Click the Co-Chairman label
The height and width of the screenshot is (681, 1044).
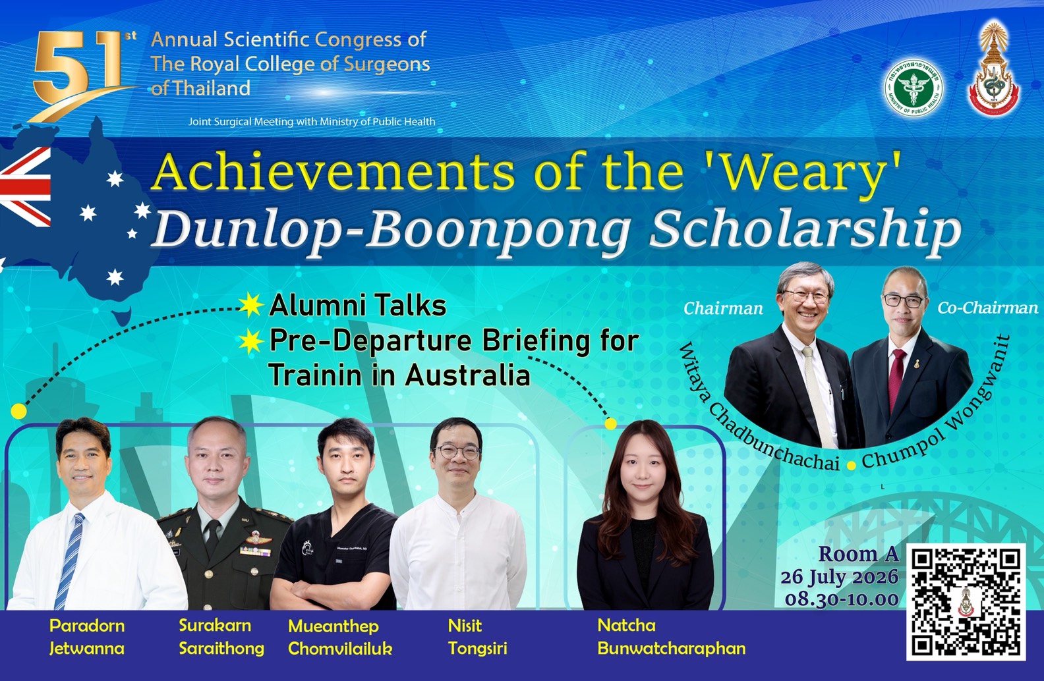[987, 308]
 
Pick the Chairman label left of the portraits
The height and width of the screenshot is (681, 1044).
[723, 308]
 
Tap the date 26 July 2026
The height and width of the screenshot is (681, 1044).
[840, 577]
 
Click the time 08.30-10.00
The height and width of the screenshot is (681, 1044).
[842, 599]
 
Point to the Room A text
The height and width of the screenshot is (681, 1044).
[859, 554]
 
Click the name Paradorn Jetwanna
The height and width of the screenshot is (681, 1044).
[87, 637]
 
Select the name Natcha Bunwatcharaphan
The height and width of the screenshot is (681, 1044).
[671, 637]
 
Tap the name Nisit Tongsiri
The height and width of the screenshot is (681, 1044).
[478, 637]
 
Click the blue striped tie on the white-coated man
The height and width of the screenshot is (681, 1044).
[69, 559]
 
